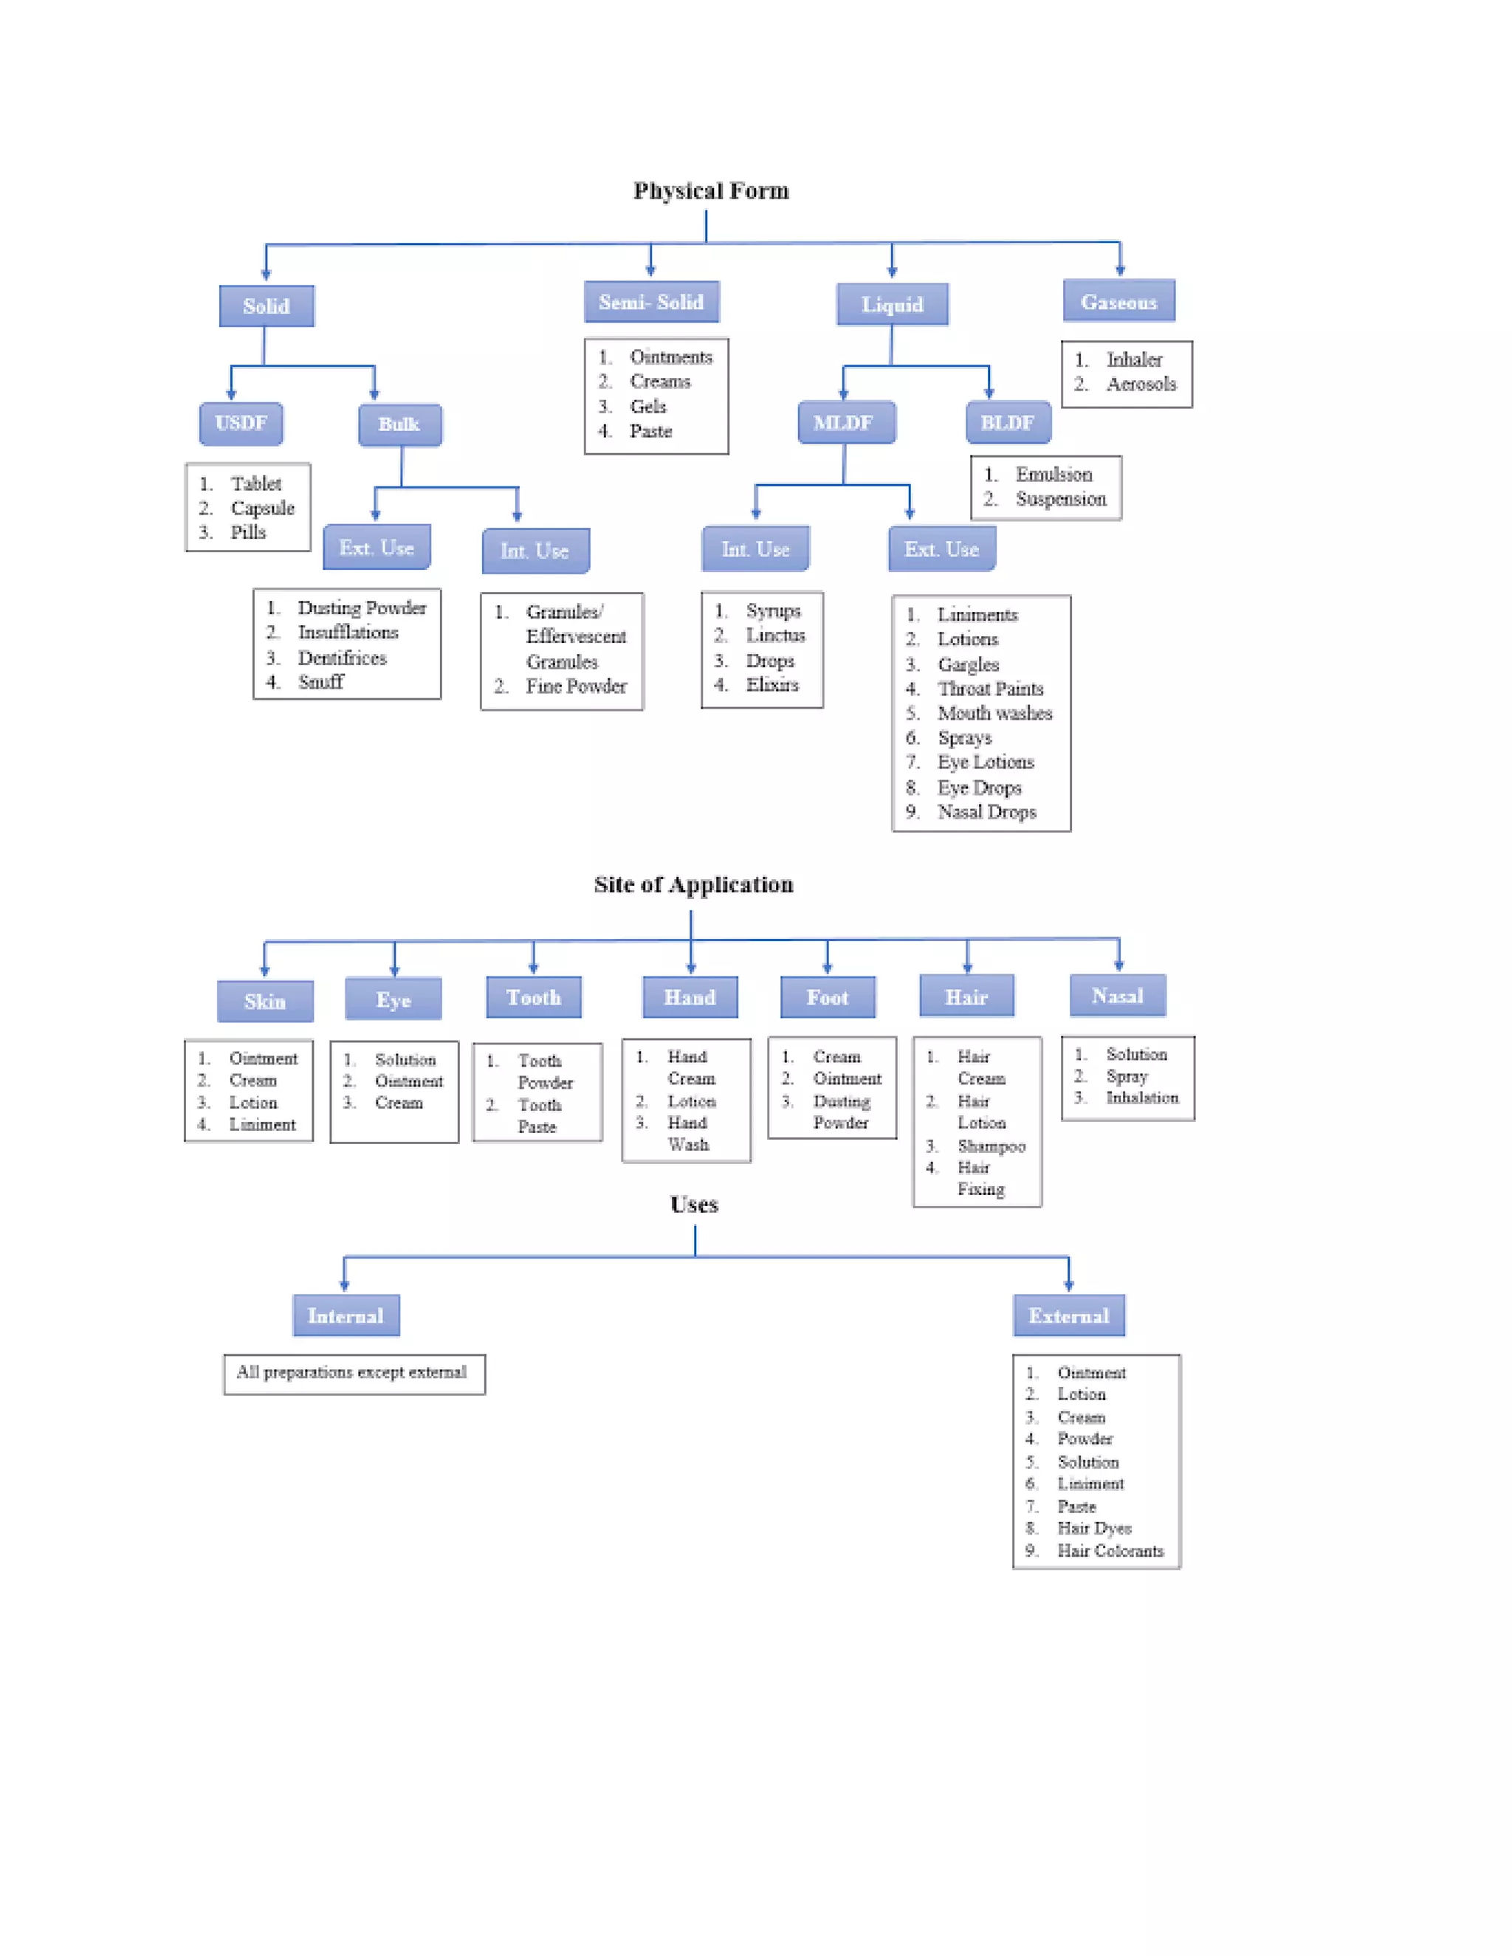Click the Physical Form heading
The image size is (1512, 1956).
710,190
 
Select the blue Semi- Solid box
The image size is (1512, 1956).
651,303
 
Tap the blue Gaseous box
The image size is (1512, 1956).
1118,302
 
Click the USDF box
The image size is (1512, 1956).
241,424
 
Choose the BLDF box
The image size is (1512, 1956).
1008,423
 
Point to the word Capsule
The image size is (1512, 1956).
262,508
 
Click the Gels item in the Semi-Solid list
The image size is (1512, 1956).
647,407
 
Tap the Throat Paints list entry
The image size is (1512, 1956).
990,689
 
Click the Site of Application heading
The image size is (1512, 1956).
693,885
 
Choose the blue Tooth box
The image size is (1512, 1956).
533,998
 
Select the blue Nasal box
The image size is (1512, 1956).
1117,996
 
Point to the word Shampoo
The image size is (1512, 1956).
991,1146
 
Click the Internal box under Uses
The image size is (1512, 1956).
346,1315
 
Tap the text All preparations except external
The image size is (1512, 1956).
351,1372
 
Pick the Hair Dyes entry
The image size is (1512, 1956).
1093,1529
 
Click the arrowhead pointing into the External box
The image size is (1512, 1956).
1068,1285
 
